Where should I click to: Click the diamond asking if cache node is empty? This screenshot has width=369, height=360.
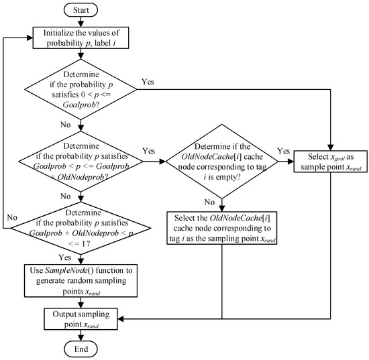[x=222, y=161]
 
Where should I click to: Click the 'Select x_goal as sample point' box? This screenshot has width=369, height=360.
[x=331, y=161]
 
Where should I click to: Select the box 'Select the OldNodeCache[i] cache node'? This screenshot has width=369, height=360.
[x=222, y=226]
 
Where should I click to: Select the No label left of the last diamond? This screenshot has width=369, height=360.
[x=11, y=218]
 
